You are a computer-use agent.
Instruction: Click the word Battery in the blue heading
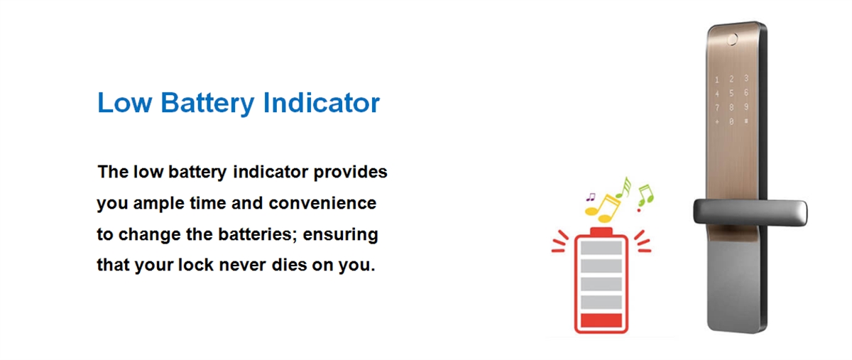click(207, 103)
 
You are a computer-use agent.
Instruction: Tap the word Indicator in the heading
click(322, 102)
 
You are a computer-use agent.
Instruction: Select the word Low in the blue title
click(125, 102)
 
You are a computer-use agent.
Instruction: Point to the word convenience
click(322, 203)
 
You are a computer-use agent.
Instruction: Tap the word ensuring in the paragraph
click(340, 235)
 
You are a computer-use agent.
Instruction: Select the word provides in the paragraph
click(350, 173)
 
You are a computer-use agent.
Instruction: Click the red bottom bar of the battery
click(601, 320)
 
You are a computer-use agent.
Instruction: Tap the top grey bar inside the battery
click(601, 248)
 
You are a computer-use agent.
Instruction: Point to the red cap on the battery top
click(601, 231)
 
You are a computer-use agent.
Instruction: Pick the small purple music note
click(591, 197)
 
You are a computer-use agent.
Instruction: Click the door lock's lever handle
click(750, 212)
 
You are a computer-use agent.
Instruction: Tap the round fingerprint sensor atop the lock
click(732, 39)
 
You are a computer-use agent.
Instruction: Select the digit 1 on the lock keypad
click(717, 80)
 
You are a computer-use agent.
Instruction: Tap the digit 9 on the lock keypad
click(746, 107)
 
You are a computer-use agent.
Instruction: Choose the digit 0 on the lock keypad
click(731, 122)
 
